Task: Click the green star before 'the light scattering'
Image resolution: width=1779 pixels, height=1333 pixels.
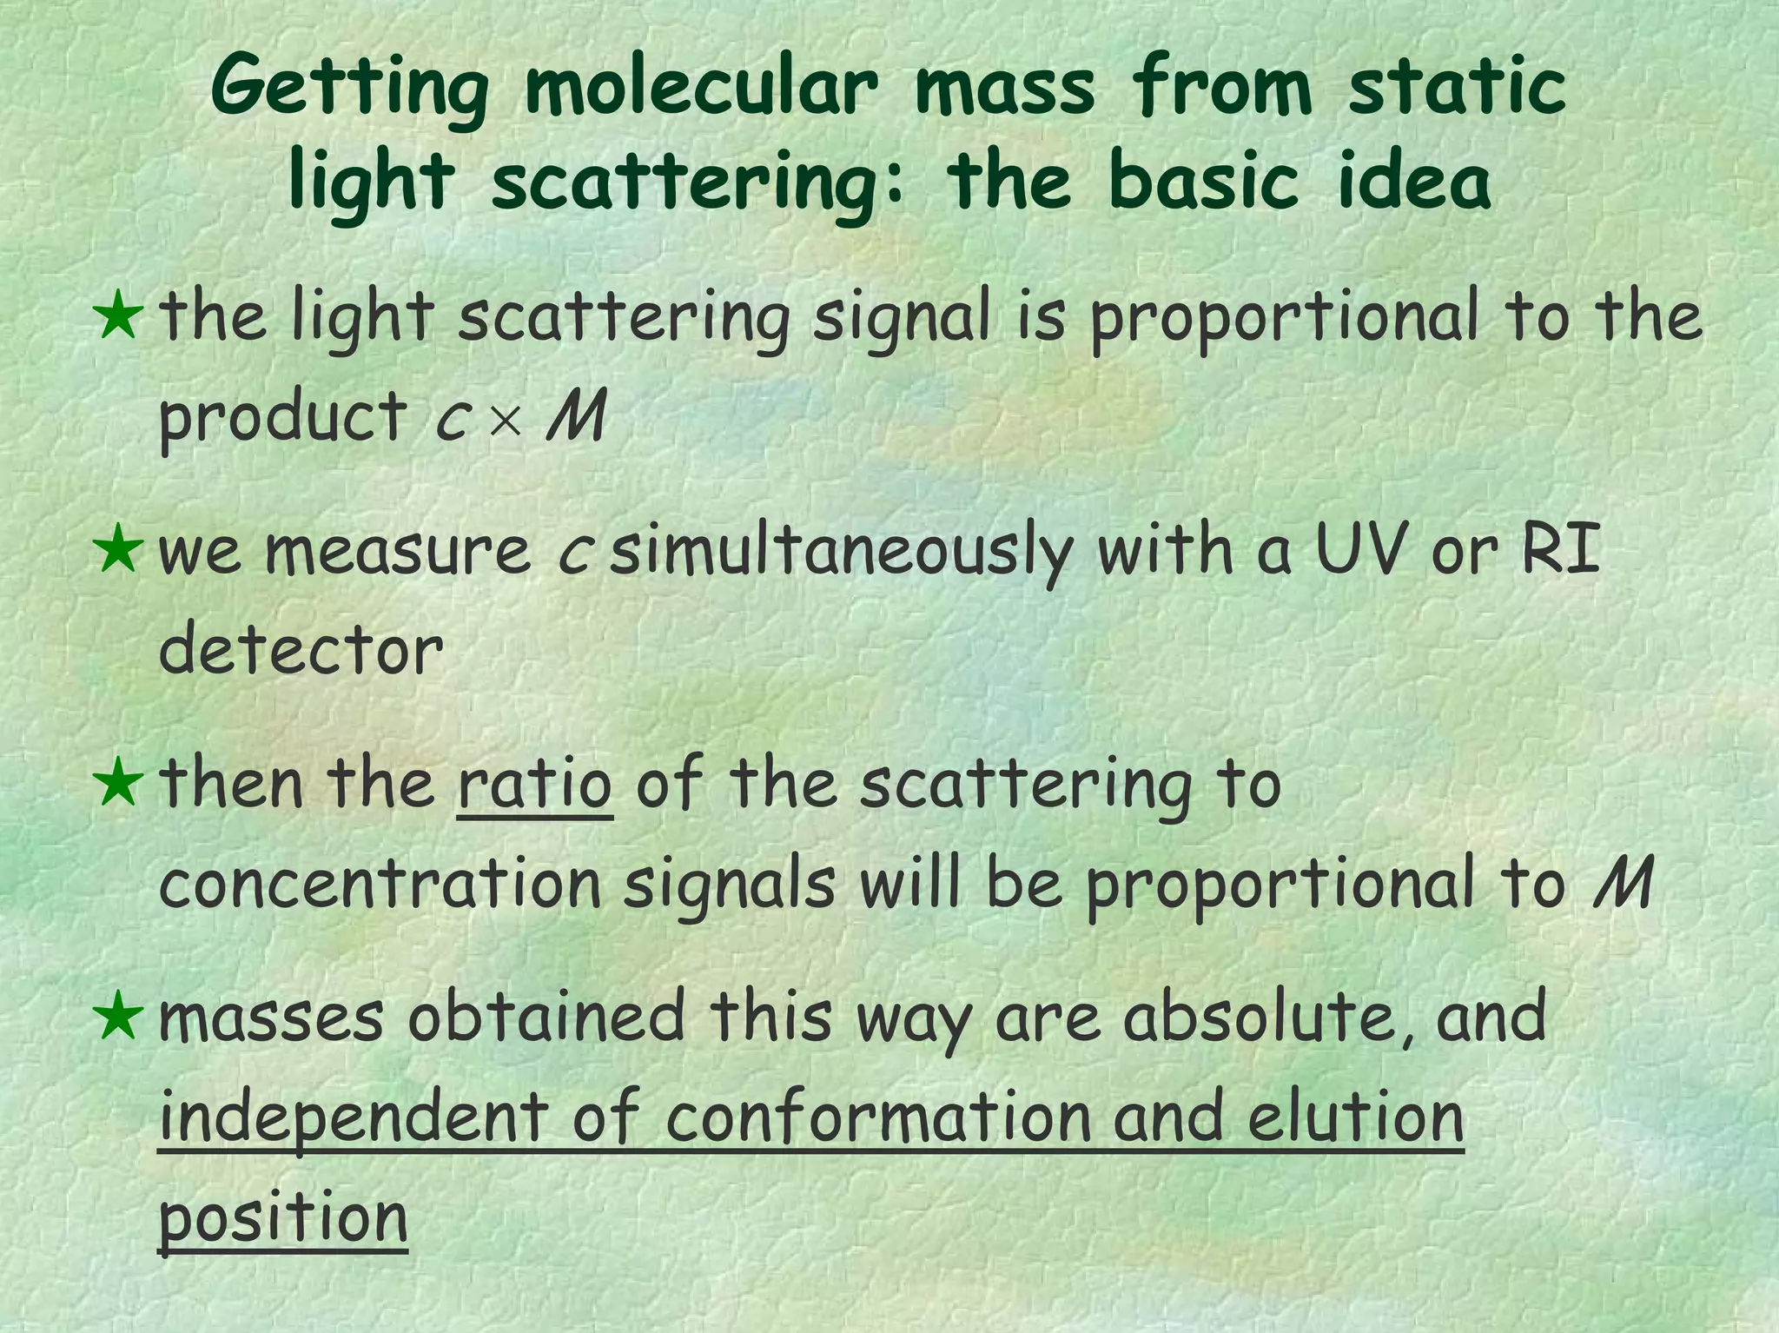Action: click(118, 316)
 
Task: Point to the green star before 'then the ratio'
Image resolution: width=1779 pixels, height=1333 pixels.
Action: click(118, 783)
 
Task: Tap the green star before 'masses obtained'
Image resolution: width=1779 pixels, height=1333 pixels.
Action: click(118, 1016)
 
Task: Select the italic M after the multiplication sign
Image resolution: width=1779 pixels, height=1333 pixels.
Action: click(575, 416)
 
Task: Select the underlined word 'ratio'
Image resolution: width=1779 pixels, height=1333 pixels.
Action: click(535, 784)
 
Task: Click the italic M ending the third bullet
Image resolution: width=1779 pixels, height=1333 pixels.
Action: click(1624, 883)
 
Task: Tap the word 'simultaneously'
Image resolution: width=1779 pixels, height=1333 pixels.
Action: click(841, 553)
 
